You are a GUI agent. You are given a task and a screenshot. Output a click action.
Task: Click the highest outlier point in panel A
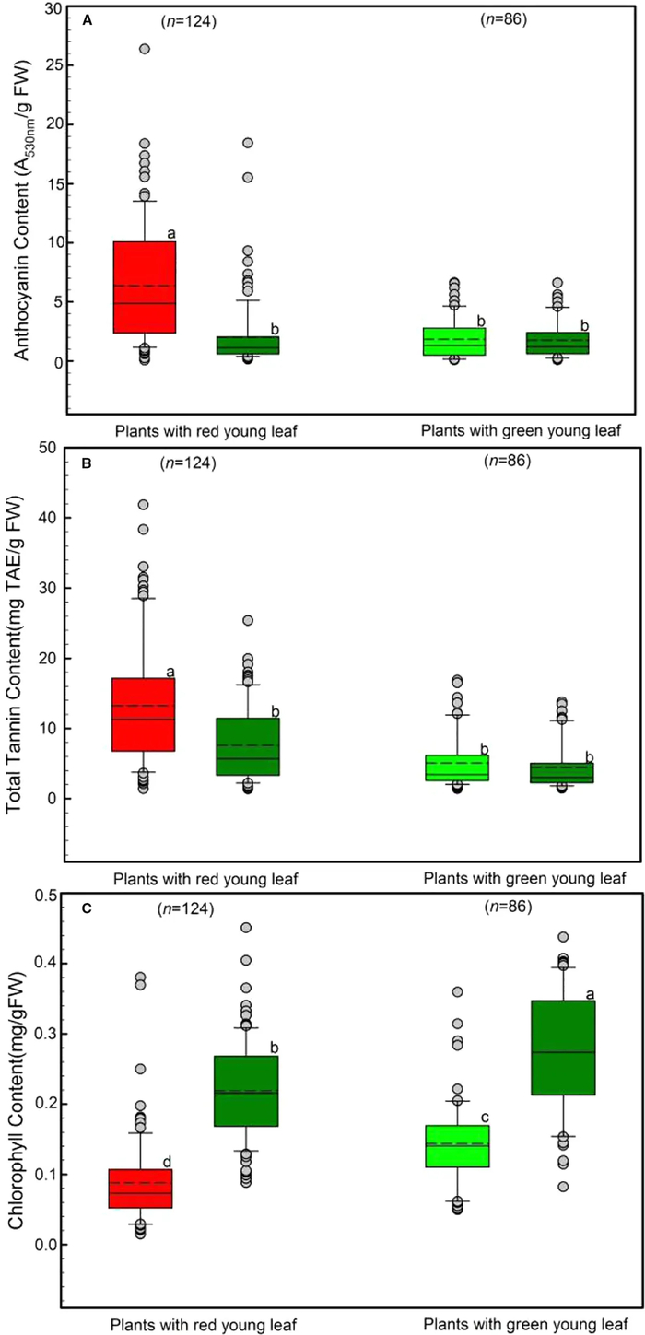pos(145,49)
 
